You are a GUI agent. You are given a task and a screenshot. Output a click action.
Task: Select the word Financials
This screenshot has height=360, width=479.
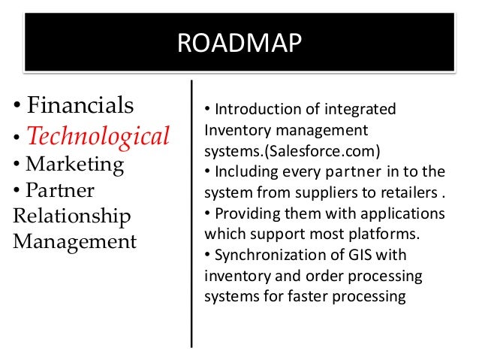click(79, 104)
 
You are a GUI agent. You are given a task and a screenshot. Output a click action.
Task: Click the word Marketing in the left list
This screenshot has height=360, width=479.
click(75, 163)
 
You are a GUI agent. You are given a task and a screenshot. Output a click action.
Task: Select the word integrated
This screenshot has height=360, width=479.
click(362, 110)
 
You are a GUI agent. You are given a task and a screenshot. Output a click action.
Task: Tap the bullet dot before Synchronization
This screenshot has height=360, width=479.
click(207, 250)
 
